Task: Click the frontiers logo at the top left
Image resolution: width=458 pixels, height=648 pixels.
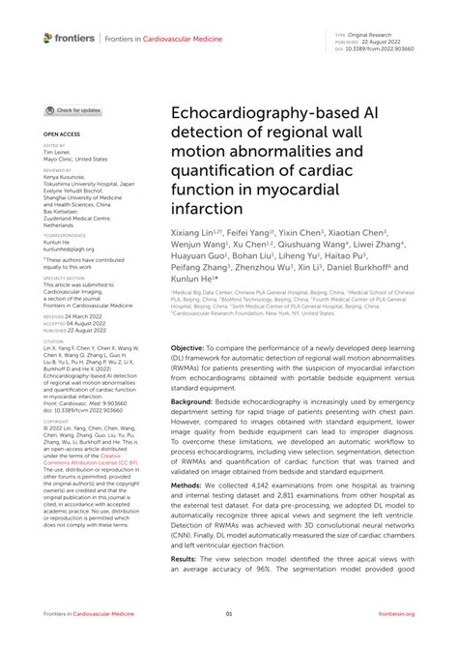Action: click(69, 38)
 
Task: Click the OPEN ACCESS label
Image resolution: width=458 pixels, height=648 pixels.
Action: click(61, 136)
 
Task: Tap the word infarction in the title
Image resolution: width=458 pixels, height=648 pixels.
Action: click(207, 208)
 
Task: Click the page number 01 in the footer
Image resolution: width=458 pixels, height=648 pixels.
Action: click(229, 614)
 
